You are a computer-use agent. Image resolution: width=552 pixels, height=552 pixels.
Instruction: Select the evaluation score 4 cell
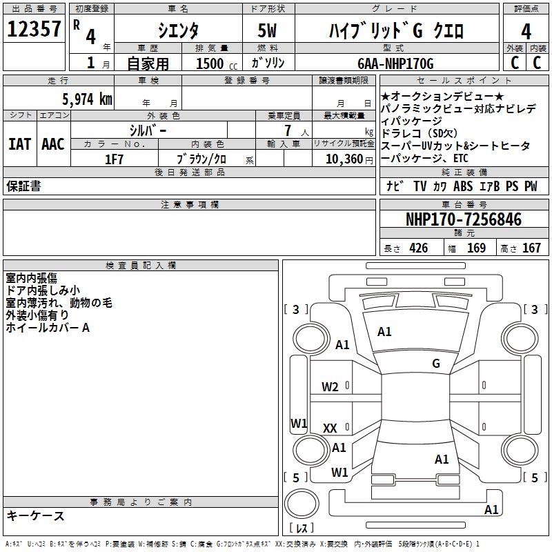pos(526,31)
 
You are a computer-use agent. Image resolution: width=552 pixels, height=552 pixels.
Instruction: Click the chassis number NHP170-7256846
pos(464,219)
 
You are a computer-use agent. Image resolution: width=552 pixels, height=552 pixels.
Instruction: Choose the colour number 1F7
pos(114,159)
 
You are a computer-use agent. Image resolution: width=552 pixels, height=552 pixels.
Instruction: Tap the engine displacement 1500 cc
pos(210,64)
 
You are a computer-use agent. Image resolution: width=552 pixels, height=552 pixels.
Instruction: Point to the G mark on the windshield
pos(435,364)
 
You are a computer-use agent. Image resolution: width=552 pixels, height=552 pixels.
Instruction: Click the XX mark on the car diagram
pos(330,428)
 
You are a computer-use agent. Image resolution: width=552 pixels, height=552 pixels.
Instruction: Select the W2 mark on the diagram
pos(330,387)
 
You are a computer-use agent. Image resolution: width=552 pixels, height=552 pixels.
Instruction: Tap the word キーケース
pos(36,515)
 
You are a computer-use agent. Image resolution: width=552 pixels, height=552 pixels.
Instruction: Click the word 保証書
pos(23,186)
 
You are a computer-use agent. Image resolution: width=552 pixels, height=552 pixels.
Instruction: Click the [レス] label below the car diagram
pos(301,528)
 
